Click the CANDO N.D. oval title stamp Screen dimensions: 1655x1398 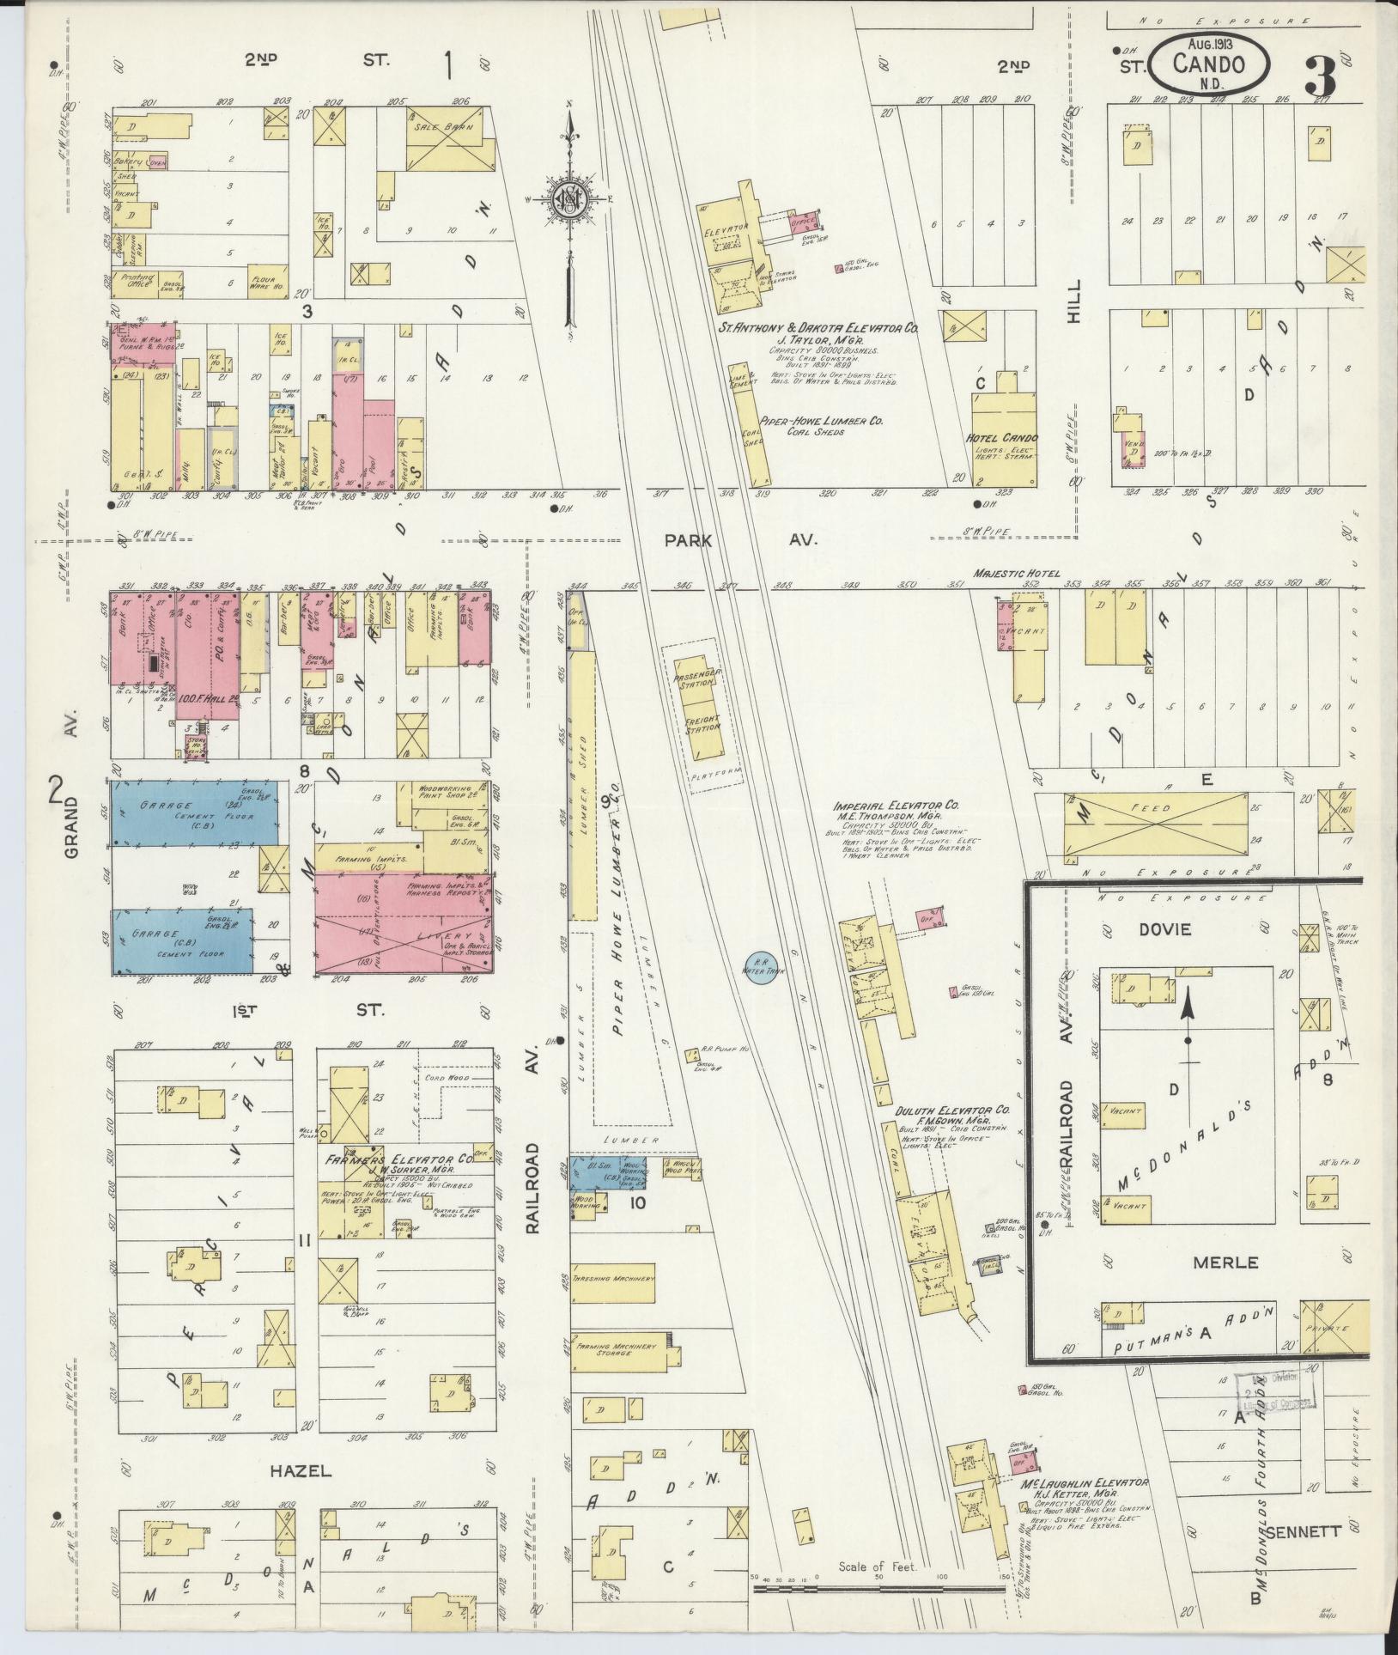[1208, 64]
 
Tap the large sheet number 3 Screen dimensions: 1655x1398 [1320, 77]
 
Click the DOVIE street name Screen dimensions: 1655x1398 [1166, 930]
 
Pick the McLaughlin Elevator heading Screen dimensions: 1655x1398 [1084, 1483]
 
